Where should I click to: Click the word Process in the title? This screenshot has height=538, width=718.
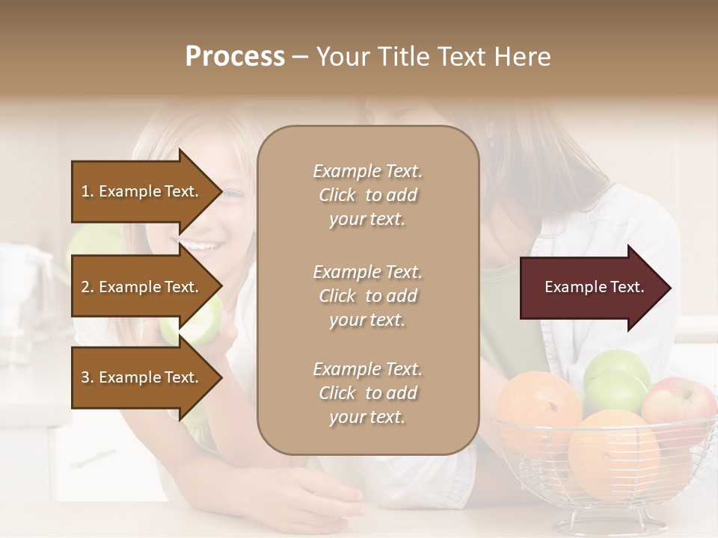click(x=235, y=57)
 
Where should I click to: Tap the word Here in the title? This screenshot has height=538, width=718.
click(x=521, y=57)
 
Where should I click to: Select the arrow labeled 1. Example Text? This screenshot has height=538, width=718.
click(x=142, y=191)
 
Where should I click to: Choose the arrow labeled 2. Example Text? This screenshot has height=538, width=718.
click(x=142, y=287)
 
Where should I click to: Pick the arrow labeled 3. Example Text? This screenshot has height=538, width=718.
click(x=142, y=378)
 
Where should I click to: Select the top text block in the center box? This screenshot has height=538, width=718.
click(x=367, y=195)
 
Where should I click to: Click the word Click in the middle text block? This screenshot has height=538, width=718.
click(x=337, y=296)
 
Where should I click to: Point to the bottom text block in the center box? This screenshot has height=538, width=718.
click(x=367, y=393)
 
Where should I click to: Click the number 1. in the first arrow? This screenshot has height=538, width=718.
click(x=88, y=191)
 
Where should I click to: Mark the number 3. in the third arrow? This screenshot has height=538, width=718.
click(x=88, y=378)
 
